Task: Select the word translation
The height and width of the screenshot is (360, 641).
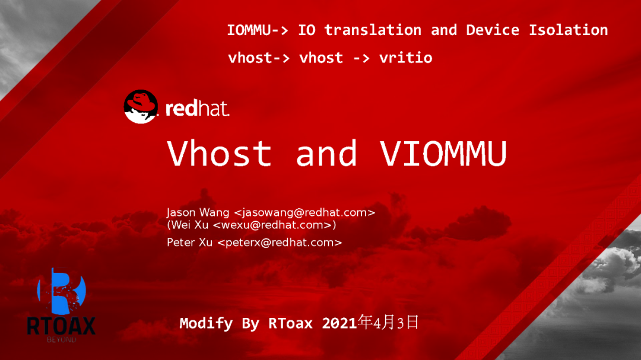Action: [373, 30]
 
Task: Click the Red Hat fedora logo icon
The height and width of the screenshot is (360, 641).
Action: [141, 107]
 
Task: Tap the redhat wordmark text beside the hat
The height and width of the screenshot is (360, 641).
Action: [197, 109]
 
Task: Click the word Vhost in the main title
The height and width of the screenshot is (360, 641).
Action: [219, 153]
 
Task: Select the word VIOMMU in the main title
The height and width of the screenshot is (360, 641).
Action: [443, 153]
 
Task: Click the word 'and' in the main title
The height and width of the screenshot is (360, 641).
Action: [326, 153]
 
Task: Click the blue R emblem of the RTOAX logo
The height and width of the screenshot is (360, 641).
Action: [61, 291]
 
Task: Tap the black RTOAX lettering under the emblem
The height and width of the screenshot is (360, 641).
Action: [61, 326]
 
